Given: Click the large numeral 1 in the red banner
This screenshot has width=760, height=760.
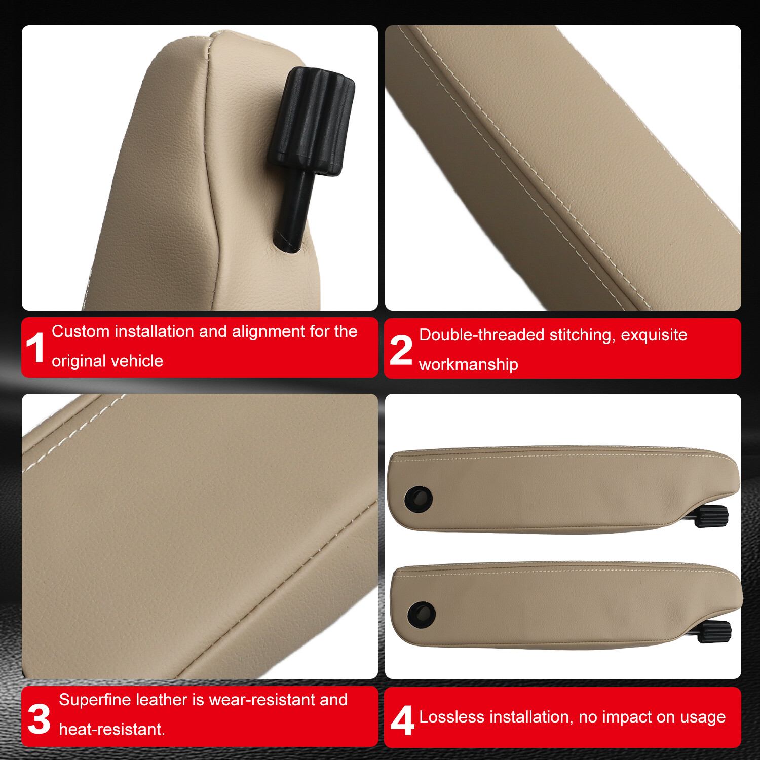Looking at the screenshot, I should point(35,348).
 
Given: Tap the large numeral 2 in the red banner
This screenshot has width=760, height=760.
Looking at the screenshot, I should point(401,350).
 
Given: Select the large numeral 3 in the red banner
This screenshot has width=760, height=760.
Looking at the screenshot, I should point(39,718).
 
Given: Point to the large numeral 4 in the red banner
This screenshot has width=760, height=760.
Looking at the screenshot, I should point(402,720).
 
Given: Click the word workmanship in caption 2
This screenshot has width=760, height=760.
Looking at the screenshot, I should point(468,364).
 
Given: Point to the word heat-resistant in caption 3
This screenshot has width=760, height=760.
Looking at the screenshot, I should point(111,729).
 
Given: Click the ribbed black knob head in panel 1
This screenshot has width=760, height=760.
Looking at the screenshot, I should point(312,122).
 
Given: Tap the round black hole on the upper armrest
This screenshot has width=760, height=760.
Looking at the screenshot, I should point(418,499).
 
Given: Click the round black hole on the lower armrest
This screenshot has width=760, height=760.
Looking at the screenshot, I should point(421,614).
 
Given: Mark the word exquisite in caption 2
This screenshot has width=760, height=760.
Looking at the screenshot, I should point(654,335).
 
